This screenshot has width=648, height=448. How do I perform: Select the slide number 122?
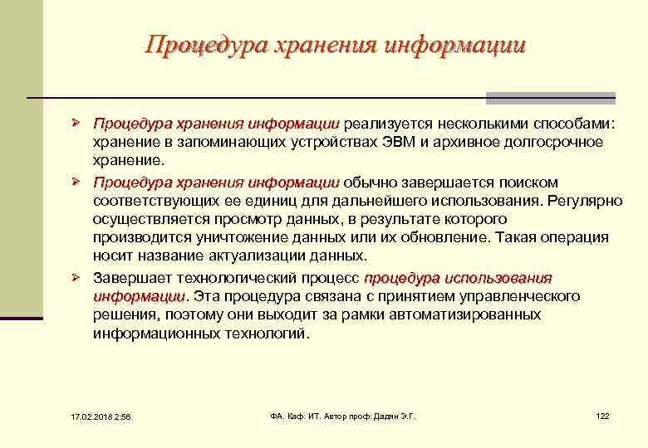[602, 415]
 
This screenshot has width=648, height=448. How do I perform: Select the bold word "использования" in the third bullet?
[505, 277]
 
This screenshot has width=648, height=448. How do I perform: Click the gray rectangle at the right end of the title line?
[550, 98]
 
